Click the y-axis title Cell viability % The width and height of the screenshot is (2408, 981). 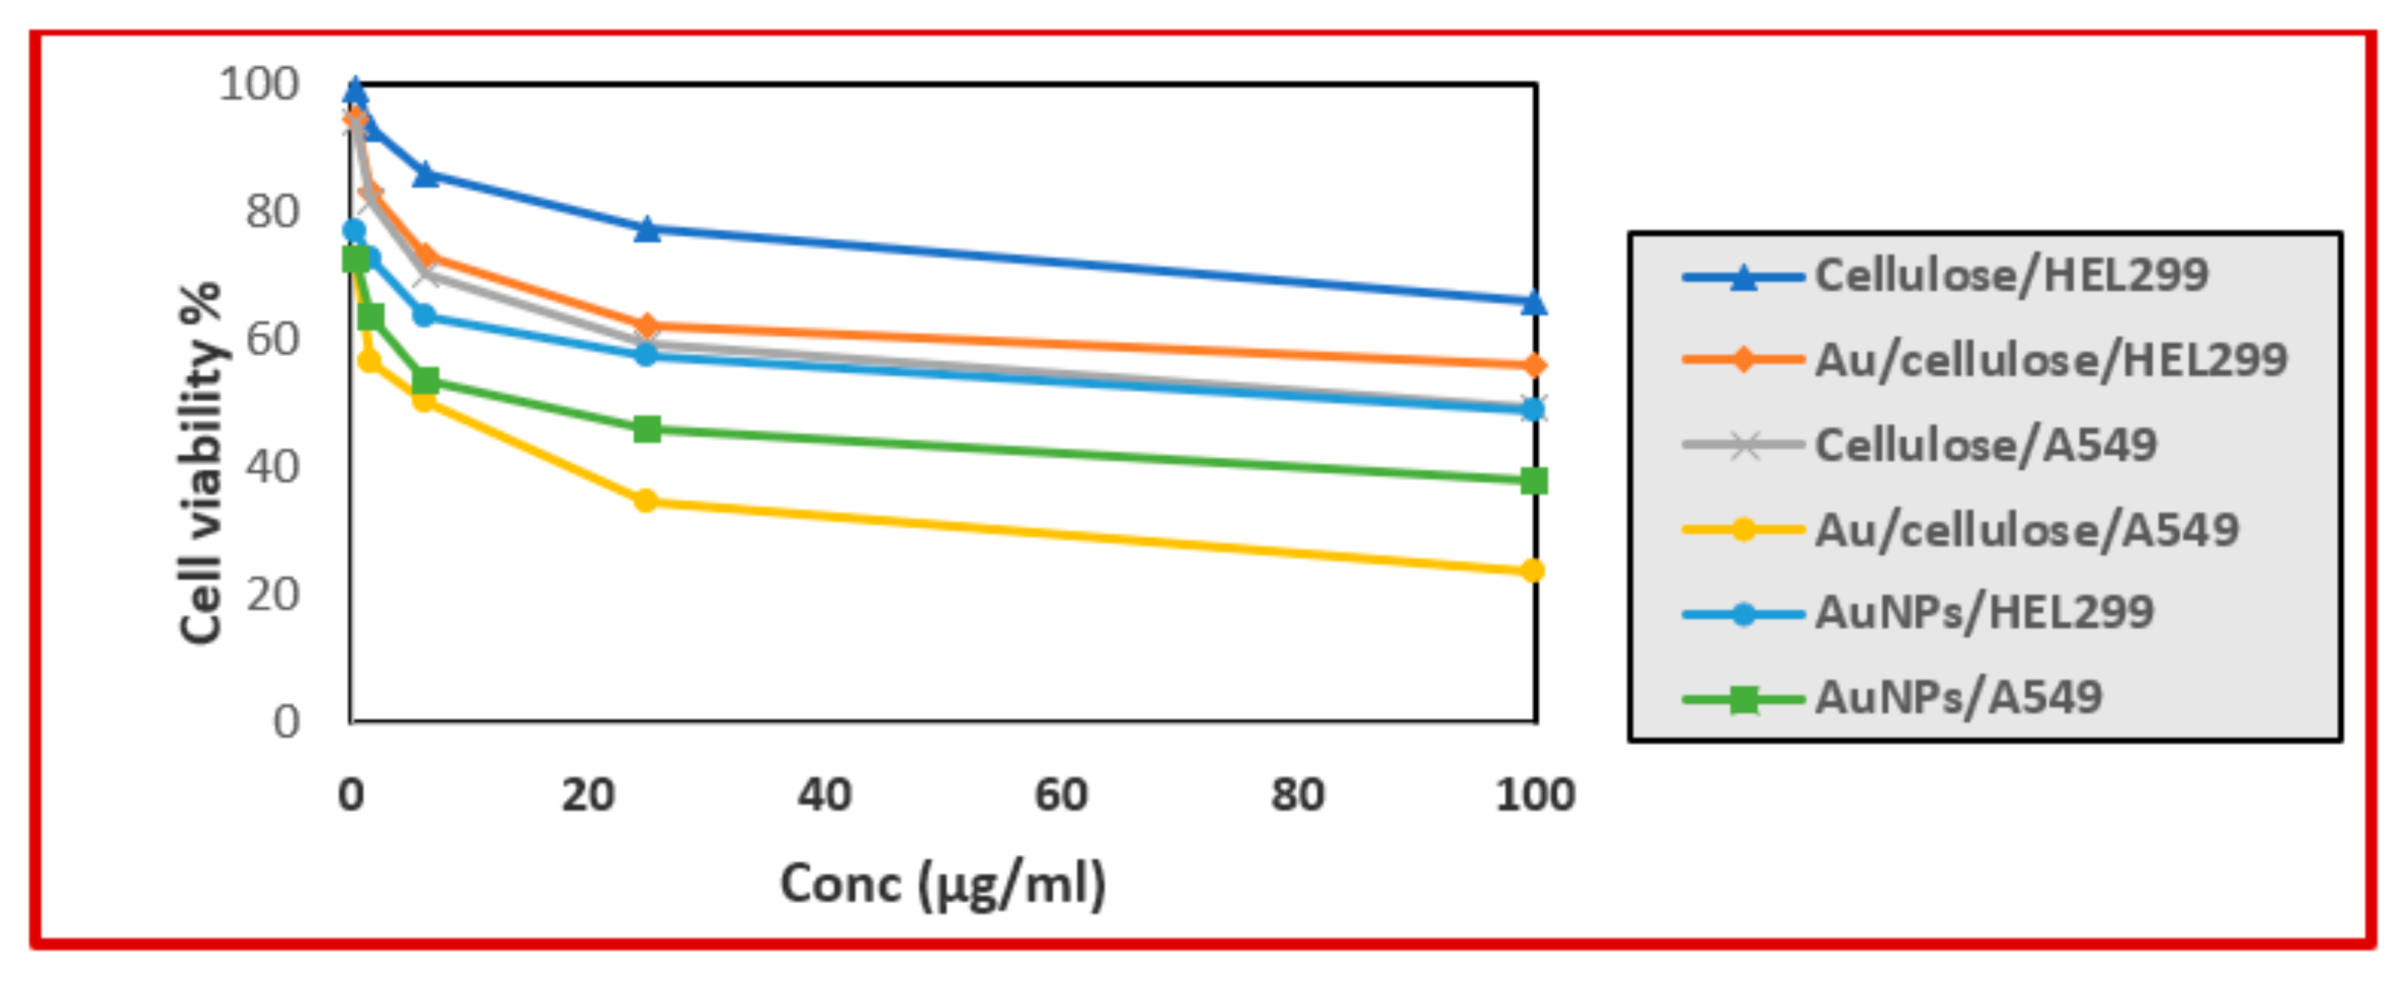(x=200, y=463)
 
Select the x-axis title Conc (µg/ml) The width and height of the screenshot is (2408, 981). (x=942, y=884)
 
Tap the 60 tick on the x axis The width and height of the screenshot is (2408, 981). (x=1061, y=795)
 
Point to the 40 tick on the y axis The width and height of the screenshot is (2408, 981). (x=273, y=467)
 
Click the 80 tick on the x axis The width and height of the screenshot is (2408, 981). (x=1297, y=795)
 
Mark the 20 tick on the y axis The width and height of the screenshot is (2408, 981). (x=273, y=594)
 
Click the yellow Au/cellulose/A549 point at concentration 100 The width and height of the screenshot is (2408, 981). (x=1532, y=571)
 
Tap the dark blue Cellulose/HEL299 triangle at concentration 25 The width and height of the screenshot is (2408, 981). (x=647, y=229)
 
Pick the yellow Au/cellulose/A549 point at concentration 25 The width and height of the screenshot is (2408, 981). (x=645, y=501)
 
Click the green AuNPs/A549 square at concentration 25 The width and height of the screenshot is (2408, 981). (x=647, y=429)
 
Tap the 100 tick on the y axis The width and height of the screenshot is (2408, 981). (x=259, y=84)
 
